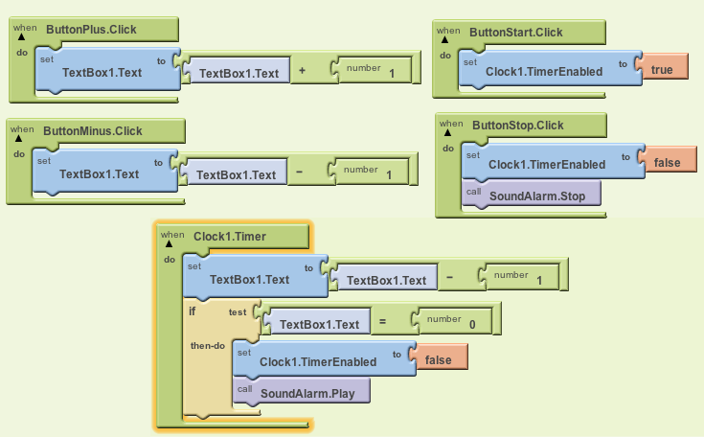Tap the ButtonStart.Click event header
point(515,32)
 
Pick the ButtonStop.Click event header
point(516,125)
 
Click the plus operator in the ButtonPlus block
point(303,72)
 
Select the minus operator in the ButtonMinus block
point(300,173)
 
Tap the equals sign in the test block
point(382,324)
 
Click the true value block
point(662,70)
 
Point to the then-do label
point(208,345)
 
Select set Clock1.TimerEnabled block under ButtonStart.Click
point(544,70)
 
